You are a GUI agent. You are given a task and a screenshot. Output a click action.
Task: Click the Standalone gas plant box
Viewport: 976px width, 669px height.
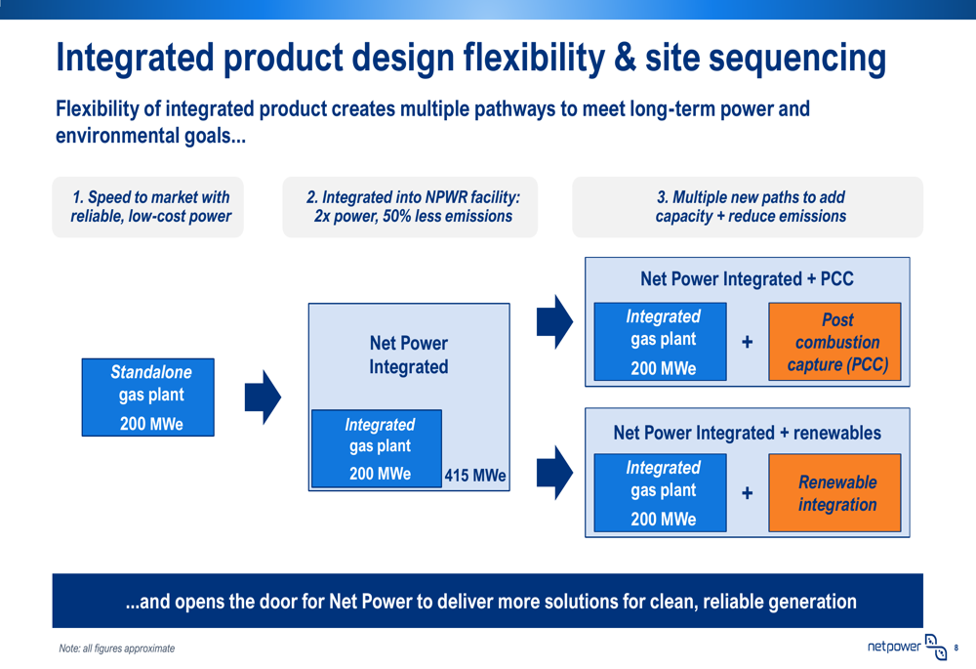148,397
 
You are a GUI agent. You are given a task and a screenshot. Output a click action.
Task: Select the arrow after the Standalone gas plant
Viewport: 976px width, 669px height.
263,397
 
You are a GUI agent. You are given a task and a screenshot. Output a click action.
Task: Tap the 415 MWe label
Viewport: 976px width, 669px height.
475,476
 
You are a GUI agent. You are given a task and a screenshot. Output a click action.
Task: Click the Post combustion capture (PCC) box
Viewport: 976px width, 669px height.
834,342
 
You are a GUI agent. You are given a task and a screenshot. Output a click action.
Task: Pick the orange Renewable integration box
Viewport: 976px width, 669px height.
834,493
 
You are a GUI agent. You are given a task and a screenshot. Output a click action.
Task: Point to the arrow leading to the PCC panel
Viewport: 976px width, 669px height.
554,321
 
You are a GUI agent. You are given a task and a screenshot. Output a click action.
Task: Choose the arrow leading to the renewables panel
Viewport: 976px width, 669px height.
554,473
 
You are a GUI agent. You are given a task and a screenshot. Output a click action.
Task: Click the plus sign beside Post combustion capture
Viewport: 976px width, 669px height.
747,342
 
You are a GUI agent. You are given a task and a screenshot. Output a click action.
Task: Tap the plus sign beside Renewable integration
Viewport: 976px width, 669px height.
747,493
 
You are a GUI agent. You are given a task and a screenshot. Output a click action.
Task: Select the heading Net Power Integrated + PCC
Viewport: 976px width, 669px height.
747,278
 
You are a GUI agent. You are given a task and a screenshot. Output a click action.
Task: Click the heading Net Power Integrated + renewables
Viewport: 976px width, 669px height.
747,433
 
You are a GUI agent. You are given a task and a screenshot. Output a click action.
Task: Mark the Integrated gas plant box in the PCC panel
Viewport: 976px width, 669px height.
661,342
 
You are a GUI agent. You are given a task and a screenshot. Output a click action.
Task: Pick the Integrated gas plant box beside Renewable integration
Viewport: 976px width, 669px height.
661,493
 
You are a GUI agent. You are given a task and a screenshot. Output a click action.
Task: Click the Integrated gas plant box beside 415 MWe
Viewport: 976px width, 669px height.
377,448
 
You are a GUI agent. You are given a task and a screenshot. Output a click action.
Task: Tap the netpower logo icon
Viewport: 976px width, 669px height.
936,648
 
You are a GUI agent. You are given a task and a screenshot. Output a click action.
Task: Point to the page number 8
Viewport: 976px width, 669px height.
956,648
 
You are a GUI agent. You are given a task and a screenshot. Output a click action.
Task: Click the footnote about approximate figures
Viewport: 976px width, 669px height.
117,648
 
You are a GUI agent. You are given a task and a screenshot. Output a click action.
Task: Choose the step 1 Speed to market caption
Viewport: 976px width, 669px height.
150,207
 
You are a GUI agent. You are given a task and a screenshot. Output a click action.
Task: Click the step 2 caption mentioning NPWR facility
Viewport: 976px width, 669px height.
413,207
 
